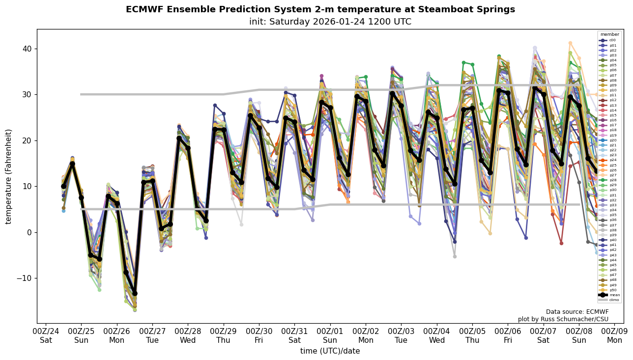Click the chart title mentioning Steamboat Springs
(x=320, y=9)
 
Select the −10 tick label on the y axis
(x=24, y=278)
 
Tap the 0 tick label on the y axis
(x=29, y=232)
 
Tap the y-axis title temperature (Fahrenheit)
(x=9, y=176)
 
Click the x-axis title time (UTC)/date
(x=330, y=351)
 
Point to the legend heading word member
(x=610, y=34)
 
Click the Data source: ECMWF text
(x=577, y=312)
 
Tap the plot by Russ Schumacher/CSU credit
(x=563, y=319)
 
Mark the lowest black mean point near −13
(x=135, y=293)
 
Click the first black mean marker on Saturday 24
(x=63, y=186)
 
